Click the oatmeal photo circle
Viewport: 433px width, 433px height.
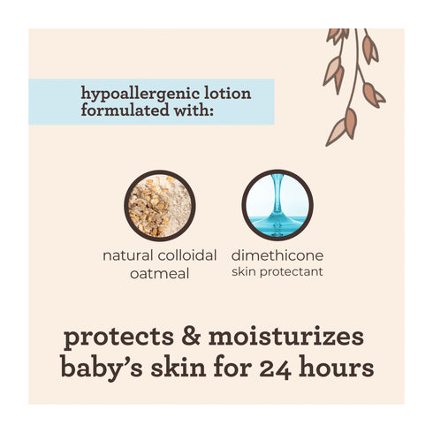[160, 205]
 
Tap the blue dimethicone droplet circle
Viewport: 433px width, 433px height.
[277, 205]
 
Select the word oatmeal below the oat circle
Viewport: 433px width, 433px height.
[160, 274]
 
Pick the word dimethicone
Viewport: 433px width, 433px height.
[277, 255]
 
